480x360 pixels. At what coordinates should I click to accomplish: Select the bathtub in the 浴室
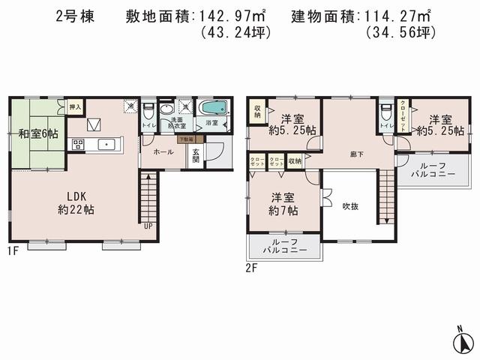214,107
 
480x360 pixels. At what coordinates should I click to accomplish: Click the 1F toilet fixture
148,112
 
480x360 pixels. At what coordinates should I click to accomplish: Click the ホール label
163,151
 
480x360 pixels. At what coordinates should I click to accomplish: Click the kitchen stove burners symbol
77,145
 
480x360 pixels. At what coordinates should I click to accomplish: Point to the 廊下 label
357,153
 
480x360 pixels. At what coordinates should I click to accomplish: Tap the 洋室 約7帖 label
283,204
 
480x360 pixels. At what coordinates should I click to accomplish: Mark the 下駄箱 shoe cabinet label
185,139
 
